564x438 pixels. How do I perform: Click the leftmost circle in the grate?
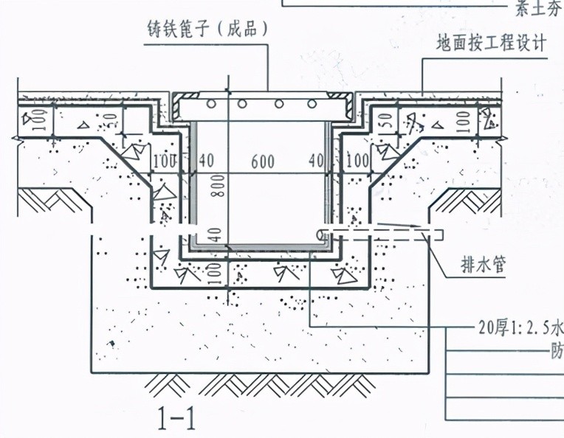coord(210,104)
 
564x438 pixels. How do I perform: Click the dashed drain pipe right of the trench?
coord(384,235)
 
